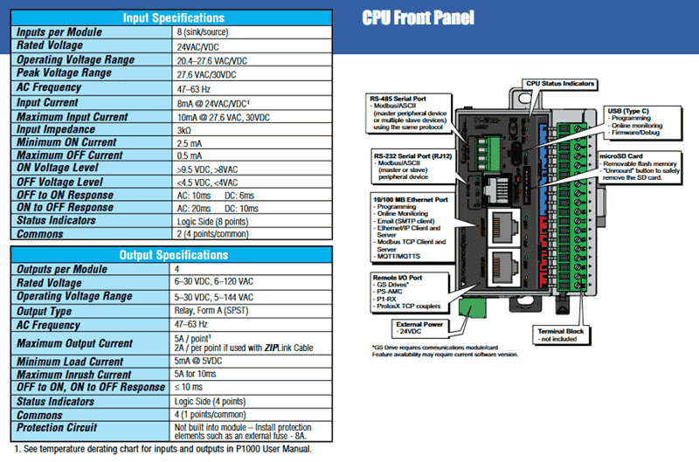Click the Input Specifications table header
pos(173,17)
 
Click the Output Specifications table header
pos(173,254)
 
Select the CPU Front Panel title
pos(419,17)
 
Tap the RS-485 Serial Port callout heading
pos(402,99)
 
